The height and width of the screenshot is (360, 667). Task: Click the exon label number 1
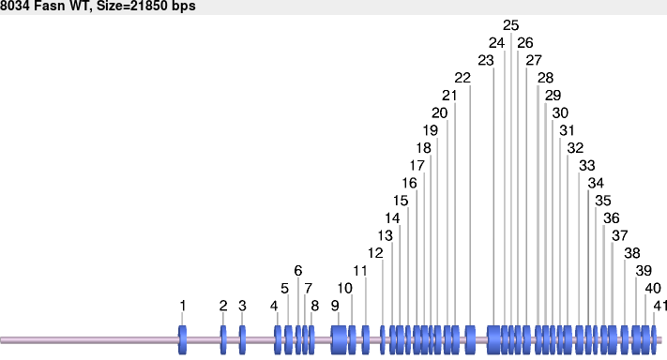click(183, 306)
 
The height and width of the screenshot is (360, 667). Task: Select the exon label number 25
click(510, 24)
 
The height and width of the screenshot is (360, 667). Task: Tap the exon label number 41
click(660, 306)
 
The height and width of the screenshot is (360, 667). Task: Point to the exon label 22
click(462, 77)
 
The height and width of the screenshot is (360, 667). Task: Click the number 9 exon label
click(335, 306)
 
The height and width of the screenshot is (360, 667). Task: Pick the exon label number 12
click(375, 253)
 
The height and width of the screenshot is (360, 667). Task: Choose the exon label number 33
click(586, 165)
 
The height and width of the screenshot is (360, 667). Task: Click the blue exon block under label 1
click(183, 338)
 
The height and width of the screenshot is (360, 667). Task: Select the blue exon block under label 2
click(223, 338)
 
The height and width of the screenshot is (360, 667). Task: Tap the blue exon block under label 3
click(242, 338)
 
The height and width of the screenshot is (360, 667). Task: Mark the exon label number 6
click(298, 271)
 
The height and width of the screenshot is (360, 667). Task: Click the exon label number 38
click(632, 253)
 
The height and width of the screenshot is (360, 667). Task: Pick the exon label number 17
click(417, 165)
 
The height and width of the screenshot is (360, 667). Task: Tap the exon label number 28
click(545, 77)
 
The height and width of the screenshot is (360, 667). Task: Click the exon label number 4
click(274, 306)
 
